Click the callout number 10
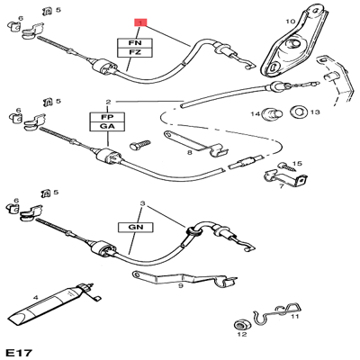[290, 20]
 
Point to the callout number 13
[315, 112]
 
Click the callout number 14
[256, 113]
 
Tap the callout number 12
[240, 335]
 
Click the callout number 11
[295, 315]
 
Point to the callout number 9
[181, 287]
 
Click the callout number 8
[190, 154]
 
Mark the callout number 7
[281, 186]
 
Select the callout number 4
[34, 296]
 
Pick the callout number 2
[107, 102]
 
